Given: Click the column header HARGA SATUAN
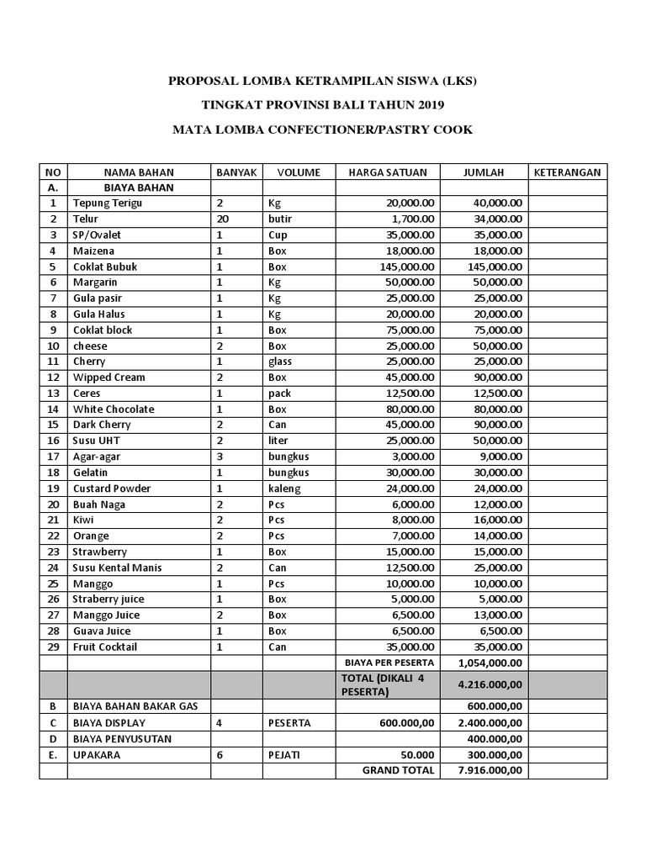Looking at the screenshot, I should pos(388,172).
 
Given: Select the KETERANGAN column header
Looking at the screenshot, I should pos(567,172).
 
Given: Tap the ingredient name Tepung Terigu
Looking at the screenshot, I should pos(108,203).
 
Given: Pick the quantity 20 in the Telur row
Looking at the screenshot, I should pos(222,219).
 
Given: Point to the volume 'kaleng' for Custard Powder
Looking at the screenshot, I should pos(284,489).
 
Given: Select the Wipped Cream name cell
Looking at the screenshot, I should pos(109,378).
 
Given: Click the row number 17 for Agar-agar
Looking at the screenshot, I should pos(53,457).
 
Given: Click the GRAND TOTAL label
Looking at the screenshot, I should pos(398,770).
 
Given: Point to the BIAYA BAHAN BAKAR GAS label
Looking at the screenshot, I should pos(135,707).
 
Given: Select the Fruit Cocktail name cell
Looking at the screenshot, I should pos(105,647).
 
